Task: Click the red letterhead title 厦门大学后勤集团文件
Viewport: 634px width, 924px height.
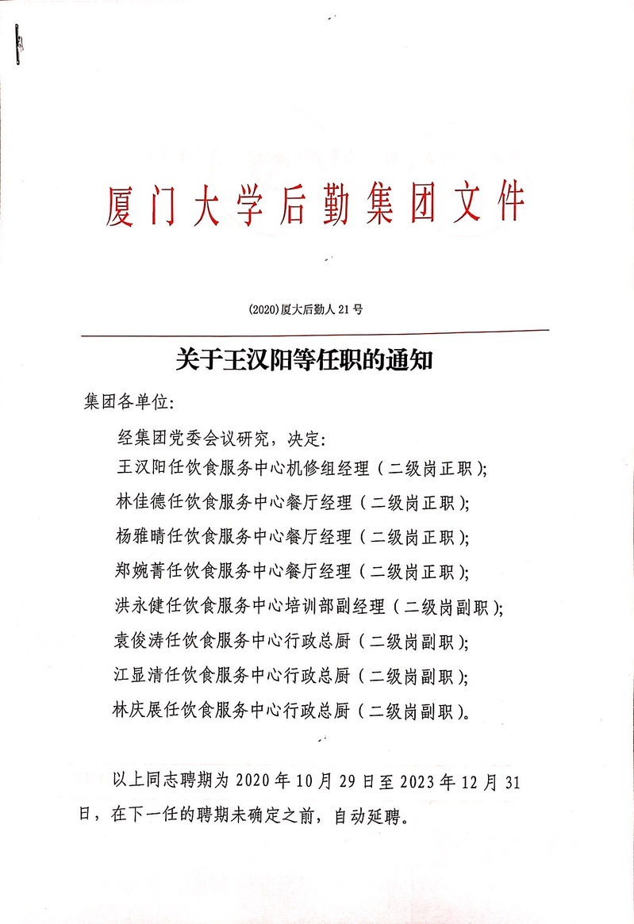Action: click(x=315, y=203)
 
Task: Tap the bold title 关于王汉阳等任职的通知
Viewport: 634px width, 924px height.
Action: click(x=303, y=361)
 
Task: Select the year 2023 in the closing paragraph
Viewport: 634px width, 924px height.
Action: click(x=416, y=780)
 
